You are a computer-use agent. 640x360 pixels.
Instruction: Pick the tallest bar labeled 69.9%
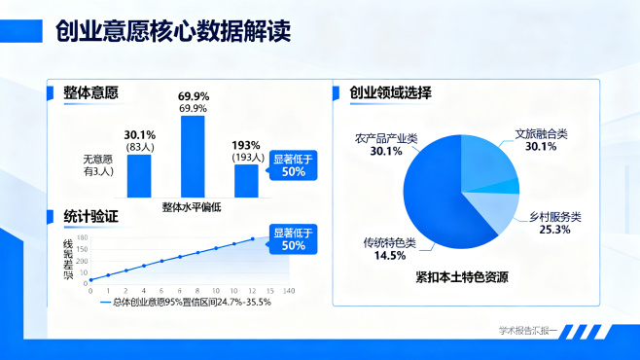coord(194,157)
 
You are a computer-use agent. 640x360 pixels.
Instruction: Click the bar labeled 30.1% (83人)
coord(139,176)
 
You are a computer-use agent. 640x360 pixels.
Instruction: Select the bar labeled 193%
coord(246,181)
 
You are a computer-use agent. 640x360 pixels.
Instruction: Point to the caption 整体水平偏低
coord(192,206)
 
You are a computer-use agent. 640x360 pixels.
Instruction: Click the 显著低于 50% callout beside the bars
coord(293,164)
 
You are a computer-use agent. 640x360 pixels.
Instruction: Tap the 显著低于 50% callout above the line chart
coord(293,238)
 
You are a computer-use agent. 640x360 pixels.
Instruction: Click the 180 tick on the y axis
coord(82,237)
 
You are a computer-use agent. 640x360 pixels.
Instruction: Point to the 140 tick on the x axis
coord(287,291)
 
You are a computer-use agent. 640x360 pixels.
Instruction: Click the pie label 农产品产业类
coord(385,139)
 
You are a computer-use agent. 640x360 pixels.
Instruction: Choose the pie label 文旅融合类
coord(540,133)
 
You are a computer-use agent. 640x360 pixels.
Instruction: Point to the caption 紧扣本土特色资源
coord(460,277)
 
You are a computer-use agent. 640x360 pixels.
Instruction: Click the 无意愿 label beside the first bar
coord(99,160)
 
